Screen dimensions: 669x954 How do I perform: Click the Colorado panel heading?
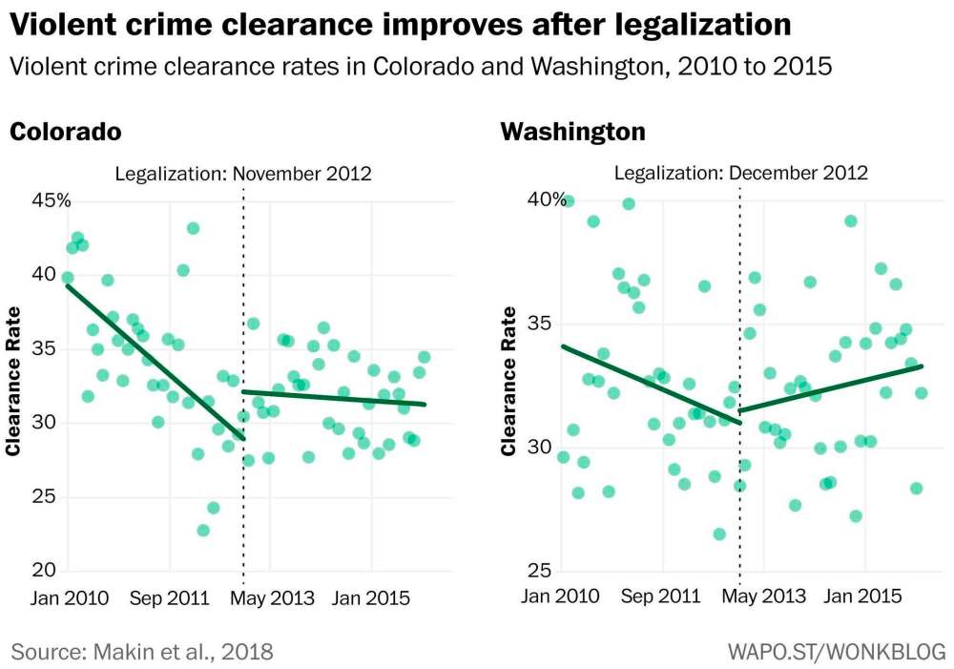point(65,131)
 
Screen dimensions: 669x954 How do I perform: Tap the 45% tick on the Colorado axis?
point(39,200)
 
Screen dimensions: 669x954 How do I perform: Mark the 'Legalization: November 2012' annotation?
point(243,174)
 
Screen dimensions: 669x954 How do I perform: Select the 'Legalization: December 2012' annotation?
point(741,174)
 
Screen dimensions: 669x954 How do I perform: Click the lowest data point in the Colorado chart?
point(203,530)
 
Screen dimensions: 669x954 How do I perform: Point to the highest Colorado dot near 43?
point(193,228)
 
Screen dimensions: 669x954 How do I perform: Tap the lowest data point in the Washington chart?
point(719,534)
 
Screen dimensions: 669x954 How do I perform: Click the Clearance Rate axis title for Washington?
point(508,381)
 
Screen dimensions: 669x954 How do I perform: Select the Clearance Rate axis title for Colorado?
point(14,381)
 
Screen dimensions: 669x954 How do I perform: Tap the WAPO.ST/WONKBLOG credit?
point(837,652)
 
